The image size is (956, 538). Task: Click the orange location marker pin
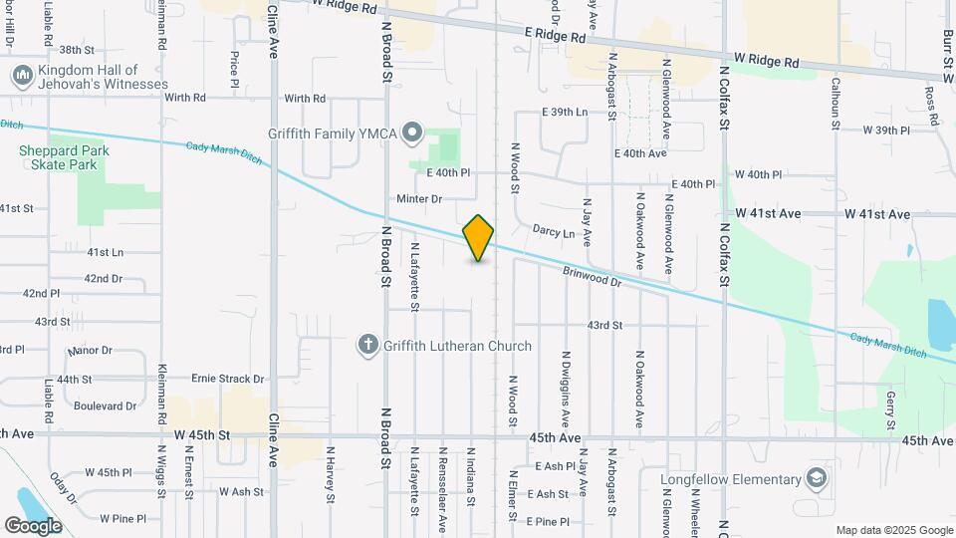(x=478, y=238)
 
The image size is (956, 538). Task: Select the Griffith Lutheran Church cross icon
(x=367, y=346)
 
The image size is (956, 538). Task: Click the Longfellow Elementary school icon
(x=819, y=479)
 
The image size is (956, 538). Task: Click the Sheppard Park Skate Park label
(x=64, y=157)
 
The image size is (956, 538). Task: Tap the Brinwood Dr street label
(x=592, y=276)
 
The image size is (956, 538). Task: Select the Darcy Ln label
(x=555, y=233)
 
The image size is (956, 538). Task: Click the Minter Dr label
(x=418, y=199)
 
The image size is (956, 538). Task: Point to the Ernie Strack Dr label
(x=228, y=379)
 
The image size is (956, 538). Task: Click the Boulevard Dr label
(x=104, y=405)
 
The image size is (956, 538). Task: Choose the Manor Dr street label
(x=91, y=352)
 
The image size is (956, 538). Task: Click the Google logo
(x=33, y=525)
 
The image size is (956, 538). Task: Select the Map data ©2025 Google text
(x=893, y=530)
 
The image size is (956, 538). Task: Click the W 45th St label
(x=202, y=435)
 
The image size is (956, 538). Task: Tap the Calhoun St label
(x=836, y=98)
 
